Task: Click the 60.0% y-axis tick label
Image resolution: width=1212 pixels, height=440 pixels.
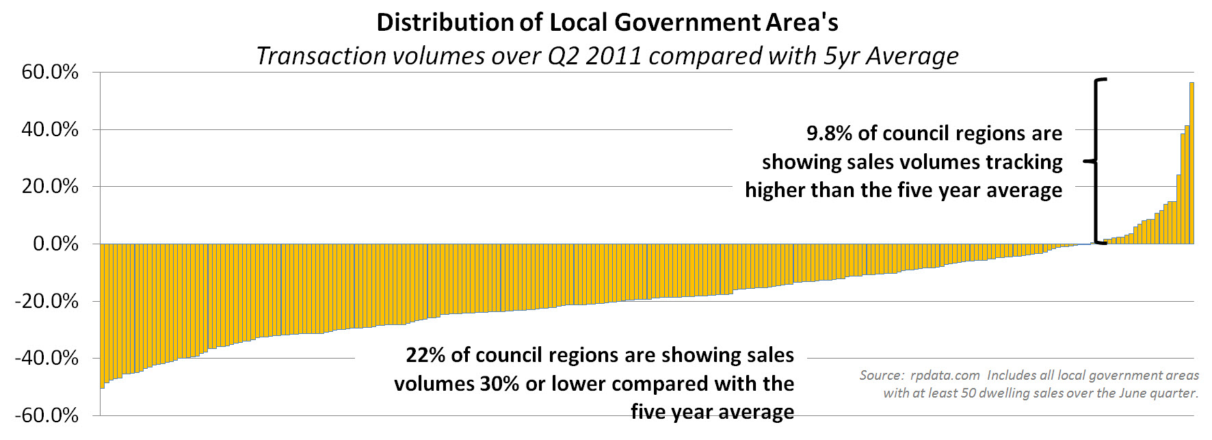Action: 50,72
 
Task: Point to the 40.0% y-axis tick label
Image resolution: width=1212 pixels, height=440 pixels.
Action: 50,129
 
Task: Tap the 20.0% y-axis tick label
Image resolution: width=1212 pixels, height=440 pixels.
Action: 50,186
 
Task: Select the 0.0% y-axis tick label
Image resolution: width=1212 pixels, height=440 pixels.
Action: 55,244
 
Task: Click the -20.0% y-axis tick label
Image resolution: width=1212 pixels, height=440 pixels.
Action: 47,301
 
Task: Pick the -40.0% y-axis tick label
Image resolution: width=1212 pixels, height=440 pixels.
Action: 47,358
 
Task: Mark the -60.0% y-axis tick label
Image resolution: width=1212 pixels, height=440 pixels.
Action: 47,415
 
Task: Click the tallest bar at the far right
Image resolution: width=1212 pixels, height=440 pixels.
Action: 1191,164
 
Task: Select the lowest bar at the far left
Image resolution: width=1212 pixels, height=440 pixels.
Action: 103,315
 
